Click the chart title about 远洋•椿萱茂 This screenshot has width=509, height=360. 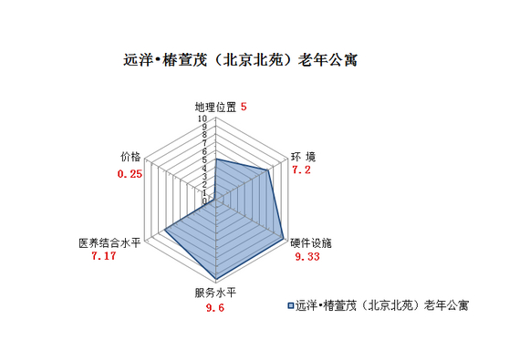(240, 61)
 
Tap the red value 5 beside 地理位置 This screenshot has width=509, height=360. (244, 106)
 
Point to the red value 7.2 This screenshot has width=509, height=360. (301, 170)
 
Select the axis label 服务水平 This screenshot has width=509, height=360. (215, 293)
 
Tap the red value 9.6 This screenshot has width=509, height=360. (215, 308)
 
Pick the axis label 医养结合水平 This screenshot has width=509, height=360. (109, 243)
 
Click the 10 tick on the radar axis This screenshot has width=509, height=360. (205, 118)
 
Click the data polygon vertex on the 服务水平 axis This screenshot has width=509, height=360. (217, 278)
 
